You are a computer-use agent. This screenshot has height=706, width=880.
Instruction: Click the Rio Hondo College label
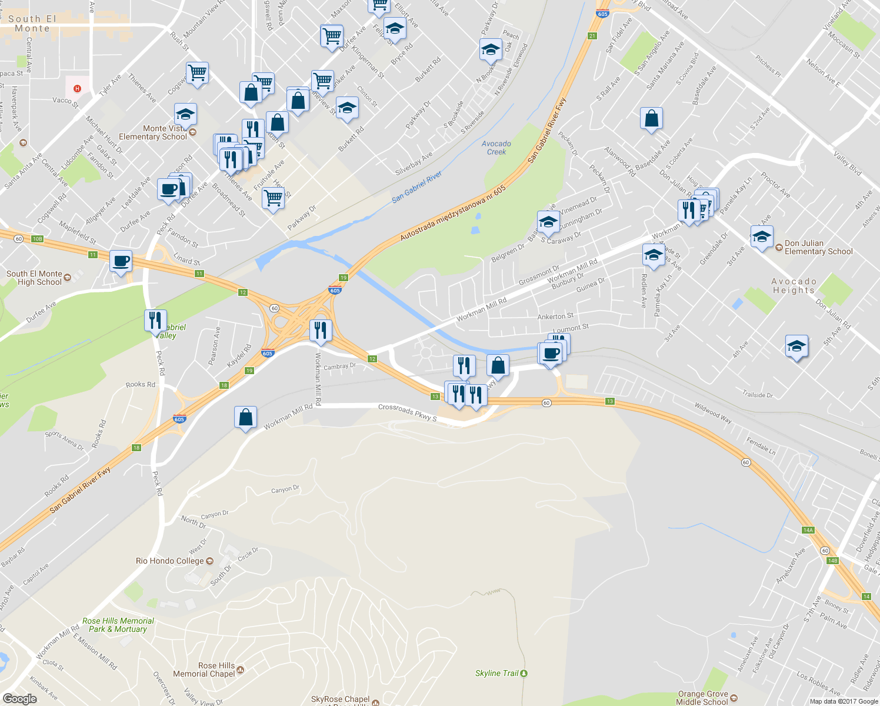click(x=170, y=561)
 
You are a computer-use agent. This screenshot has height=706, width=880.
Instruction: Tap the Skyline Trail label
click(x=497, y=673)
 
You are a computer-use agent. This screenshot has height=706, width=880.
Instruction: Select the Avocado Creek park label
click(x=496, y=148)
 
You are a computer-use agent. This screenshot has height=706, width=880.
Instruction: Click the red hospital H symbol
click(x=76, y=89)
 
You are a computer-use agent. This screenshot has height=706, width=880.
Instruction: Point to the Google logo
click(x=20, y=698)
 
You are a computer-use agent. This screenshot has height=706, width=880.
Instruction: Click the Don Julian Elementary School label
click(x=818, y=247)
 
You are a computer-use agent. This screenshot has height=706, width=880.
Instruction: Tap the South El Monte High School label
click(x=34, y=278)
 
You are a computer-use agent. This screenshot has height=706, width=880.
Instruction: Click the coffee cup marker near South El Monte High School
click(x=121, y=261)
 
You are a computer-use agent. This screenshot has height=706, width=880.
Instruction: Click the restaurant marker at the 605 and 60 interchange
click(x=320, y=330)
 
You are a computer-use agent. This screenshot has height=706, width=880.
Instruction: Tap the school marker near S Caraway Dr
click(x=548, y=222)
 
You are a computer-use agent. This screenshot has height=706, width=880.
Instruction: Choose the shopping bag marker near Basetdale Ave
click(x=651, y=118)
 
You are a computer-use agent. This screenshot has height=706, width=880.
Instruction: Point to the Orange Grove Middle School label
click(x=702, y=698)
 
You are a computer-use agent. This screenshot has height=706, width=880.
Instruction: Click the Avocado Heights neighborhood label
click(x=794, y=286)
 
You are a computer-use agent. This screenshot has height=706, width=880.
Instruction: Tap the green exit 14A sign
click(x=808, y=530)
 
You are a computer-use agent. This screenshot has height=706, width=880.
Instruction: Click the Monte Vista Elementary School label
click(x=153, y=132)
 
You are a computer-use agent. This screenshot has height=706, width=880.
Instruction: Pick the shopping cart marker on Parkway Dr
click(x=273, y=198)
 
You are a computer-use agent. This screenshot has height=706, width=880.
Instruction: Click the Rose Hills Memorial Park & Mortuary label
click(x=118, y=625)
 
